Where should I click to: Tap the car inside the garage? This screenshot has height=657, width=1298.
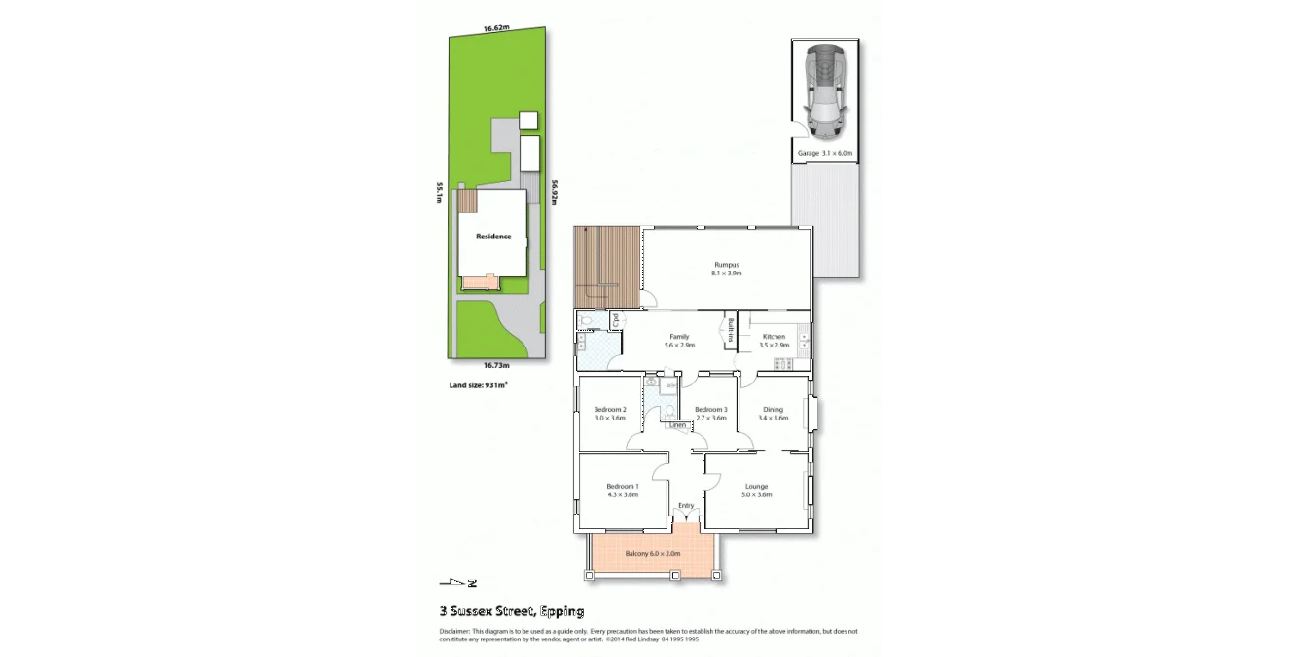pyautogui.click(x=824, y=91)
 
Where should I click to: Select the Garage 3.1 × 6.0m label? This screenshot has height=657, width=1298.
pyautogui.click(x=824, y=153)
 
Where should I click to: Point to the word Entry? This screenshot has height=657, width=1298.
pyautogui.click(x=686, y=505)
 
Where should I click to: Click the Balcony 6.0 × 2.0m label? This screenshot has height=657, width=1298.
pyautogui.click(x=652, y=553)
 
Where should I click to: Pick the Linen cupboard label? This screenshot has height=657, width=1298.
pyautogui.click(x=677, y=425)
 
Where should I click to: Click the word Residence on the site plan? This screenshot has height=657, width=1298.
pyautogui.click(x=492, y=237)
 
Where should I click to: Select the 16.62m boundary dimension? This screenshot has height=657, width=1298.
pyautogui.click(x=496, y=28)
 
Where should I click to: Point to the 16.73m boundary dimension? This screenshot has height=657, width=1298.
pyautogui.click(x=496, y=365)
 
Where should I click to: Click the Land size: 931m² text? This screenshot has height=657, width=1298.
pyautogui.click(x=478, y=385)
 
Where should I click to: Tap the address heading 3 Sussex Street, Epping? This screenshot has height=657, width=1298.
pyautogui.click(x=511, y=611)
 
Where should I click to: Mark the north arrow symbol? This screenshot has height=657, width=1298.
pyautogui.click(x=458, y=583)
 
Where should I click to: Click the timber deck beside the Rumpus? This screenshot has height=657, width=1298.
pyautogui.click(x=606, y=267)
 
